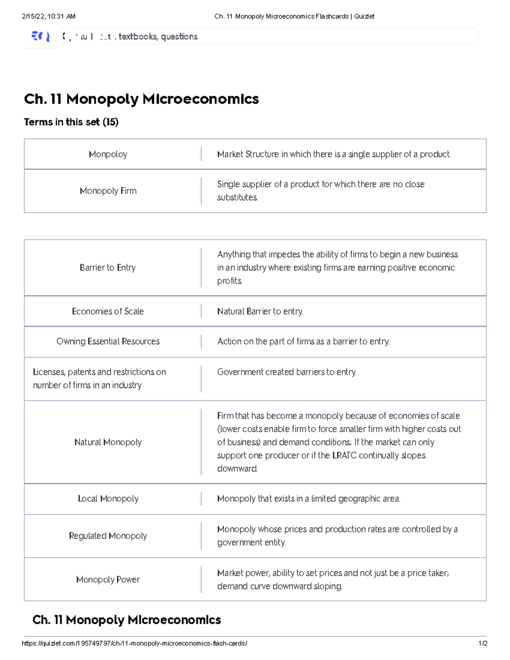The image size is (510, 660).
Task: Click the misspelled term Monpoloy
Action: click(108, 154)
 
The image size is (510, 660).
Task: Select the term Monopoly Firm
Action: click(108, 191)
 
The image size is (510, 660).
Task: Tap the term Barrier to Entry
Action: click(108, 268)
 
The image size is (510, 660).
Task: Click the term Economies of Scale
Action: click(108, 312)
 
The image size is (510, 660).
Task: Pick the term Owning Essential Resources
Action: click(108, 341)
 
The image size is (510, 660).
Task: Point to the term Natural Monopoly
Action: click(108, 442)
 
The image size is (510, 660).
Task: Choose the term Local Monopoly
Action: click(108, 499)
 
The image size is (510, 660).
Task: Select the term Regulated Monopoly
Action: click(108, 536)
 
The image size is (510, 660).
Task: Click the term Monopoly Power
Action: click(108, 580)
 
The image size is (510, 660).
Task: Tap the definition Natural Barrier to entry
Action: click(260, 312)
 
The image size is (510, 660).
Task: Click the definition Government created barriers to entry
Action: click(287, 372)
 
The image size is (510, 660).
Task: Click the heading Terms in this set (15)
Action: click(71, 122)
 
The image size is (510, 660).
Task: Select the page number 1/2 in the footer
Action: click(482, 643)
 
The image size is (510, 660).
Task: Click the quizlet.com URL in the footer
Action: click(134, 643)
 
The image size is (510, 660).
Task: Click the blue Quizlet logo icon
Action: click(40, 37)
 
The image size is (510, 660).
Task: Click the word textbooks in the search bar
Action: click(138, 37)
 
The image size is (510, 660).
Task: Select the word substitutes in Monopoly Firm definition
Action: click(237, 198)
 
